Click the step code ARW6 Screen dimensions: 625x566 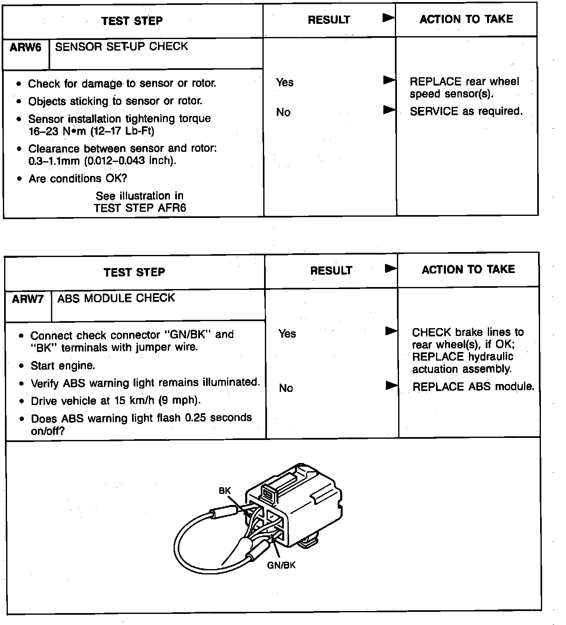point(26,47)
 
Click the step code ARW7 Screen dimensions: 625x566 point(28,299)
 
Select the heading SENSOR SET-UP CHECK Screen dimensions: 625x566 point(121,46)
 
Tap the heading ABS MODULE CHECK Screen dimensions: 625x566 point(116,298)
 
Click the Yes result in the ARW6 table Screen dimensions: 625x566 point(285,83)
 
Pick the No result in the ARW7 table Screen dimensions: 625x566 point(286,388)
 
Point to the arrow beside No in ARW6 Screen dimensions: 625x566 point(389,110)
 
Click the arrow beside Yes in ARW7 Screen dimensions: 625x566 point(391,331)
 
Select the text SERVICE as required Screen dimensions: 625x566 point(466,111)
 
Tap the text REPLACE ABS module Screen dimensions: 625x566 point(473,387)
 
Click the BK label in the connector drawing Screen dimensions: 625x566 point(225,491)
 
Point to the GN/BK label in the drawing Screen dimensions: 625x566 point(281,565)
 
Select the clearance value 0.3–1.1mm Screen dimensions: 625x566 point(54,161)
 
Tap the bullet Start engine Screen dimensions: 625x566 point(63,366)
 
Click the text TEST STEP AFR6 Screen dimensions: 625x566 point(140,208)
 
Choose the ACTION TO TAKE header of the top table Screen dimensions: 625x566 point(466,19)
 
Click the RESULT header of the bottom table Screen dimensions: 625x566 point(331,271)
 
